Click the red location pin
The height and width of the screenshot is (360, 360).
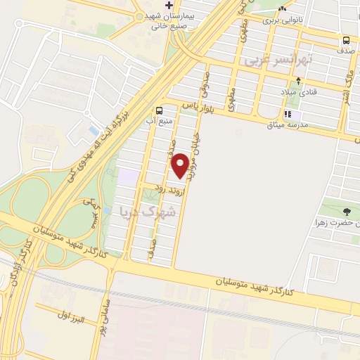point(180,166)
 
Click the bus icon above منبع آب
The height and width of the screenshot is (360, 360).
point(160,110)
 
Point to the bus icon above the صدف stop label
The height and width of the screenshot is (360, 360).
point(346,40)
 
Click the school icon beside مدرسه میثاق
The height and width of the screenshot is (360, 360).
point(287,114)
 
